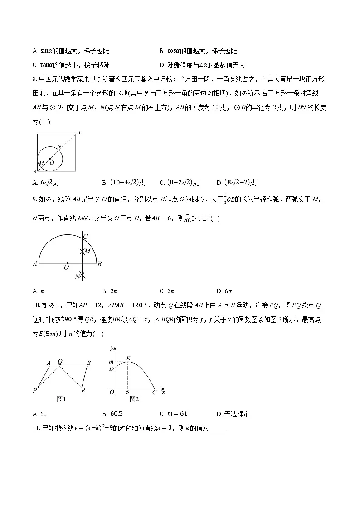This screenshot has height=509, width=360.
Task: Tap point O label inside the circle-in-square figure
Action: pyautogui.click(x=52, y=162)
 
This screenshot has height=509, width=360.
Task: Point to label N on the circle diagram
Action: pyautogui.click(x=59, y=147)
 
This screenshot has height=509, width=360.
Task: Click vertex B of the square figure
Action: pyautogui.click(x=78, y=132)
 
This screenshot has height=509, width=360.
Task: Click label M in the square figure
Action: pyautogui.click(x=41, y=163)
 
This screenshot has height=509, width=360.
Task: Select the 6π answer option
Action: pyautogui.click(x=224, y=291)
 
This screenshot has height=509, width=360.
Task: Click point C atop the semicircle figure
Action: pyautogui.click(x=85, y=236)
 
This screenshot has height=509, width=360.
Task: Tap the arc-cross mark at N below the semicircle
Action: pyautogui.click(x=82, y=275)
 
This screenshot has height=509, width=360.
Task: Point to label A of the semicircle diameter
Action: pyautogui.click(x=35, y=263)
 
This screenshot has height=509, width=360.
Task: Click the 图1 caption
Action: pyautogui.click(x=61, y=399)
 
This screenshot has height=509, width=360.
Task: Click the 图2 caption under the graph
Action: pyautogui.click(x=134, y=399)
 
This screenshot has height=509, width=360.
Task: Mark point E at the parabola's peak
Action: pyautogui.click(x=128, y=358)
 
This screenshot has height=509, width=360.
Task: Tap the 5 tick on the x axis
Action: pyautogui.click(x=127, y=392)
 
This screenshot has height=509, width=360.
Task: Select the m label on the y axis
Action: pyautogui.click(x=111, y=361)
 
